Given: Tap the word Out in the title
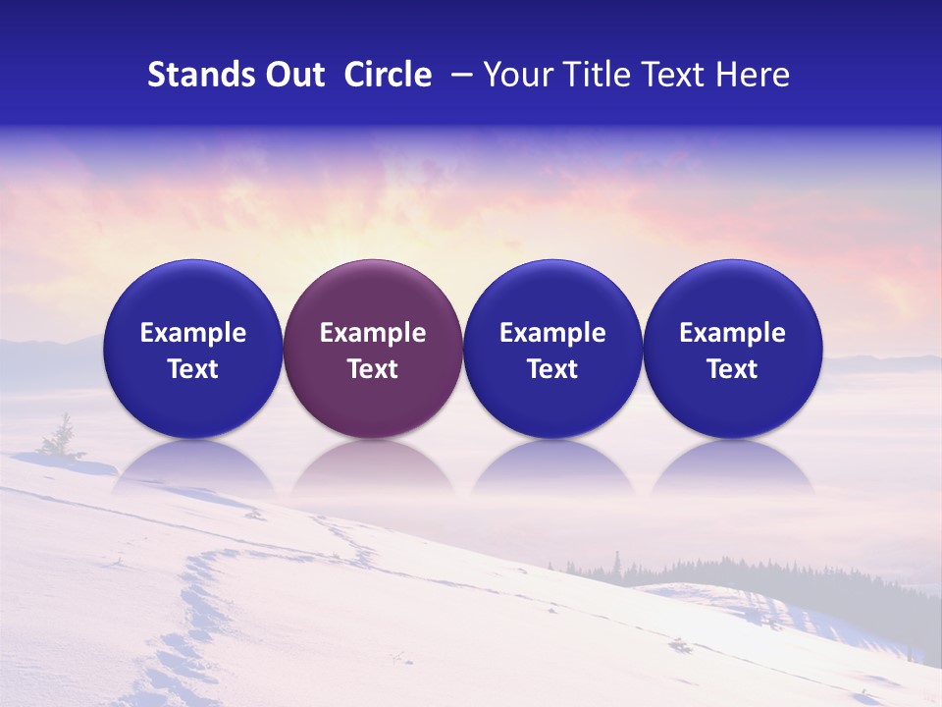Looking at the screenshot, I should point(293,75).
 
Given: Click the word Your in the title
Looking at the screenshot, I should point(516,75).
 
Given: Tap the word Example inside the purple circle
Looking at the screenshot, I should point(373,333).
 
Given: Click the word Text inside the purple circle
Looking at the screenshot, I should point(373,369).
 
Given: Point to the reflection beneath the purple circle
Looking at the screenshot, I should point(373,465).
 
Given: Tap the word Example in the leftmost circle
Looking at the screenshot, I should point(192,333).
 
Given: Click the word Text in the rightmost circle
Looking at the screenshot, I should point(732,369).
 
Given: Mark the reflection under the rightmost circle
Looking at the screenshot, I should point(732,465).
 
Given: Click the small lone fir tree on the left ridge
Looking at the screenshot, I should point(64,437).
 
